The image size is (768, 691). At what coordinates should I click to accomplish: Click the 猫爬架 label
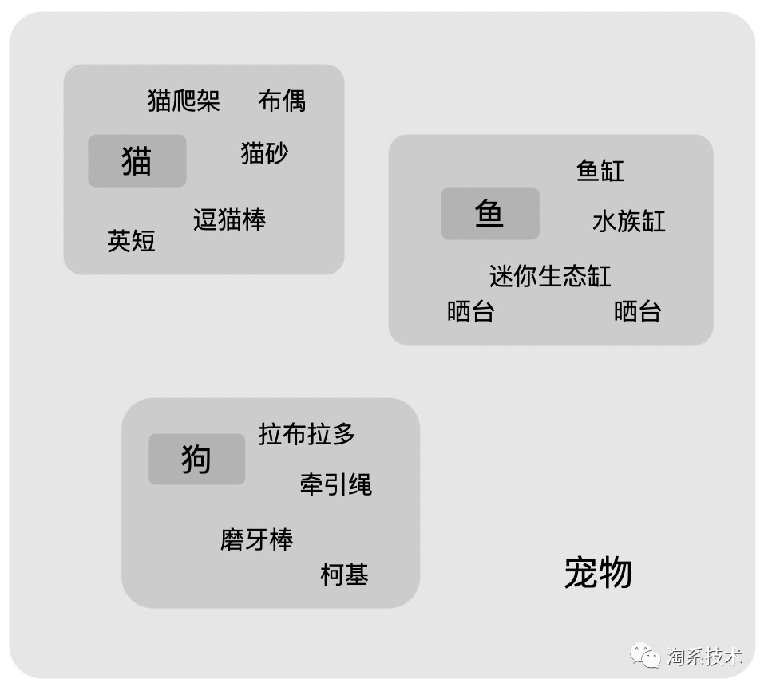coord(184,101)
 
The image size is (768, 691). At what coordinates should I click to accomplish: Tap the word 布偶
coord(282,101)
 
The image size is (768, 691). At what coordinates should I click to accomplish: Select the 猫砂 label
coord(264,152)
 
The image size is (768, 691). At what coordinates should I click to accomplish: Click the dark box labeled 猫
coord(137,161)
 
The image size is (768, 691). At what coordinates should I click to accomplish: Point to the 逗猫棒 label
coord(229,219)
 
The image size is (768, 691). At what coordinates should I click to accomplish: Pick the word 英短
coord(131,241)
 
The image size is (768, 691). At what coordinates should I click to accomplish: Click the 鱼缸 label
coord(600,171)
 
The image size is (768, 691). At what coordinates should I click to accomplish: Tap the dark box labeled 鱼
coord(490,214)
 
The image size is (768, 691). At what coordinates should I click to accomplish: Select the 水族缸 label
coord(628,221)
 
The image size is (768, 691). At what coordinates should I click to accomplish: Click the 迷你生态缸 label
coord(550,276)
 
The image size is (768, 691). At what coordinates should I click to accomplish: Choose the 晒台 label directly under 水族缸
coord(637,311)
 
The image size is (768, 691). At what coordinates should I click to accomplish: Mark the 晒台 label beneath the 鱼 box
coord(471,311)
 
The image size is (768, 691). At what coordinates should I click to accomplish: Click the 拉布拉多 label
coord(307,434)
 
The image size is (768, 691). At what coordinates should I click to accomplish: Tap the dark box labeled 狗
coord(196,460)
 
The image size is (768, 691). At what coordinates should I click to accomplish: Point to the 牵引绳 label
coord(336,484)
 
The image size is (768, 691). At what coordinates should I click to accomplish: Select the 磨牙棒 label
coord(257,539)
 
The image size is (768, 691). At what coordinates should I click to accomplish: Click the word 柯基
coord(344,575)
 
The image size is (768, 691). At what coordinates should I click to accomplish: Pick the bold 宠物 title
coord(598,573)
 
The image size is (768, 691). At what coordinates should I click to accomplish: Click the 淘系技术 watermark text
coord(705,657)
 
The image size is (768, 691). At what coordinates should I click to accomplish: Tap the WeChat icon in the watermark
coord(646,655)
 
